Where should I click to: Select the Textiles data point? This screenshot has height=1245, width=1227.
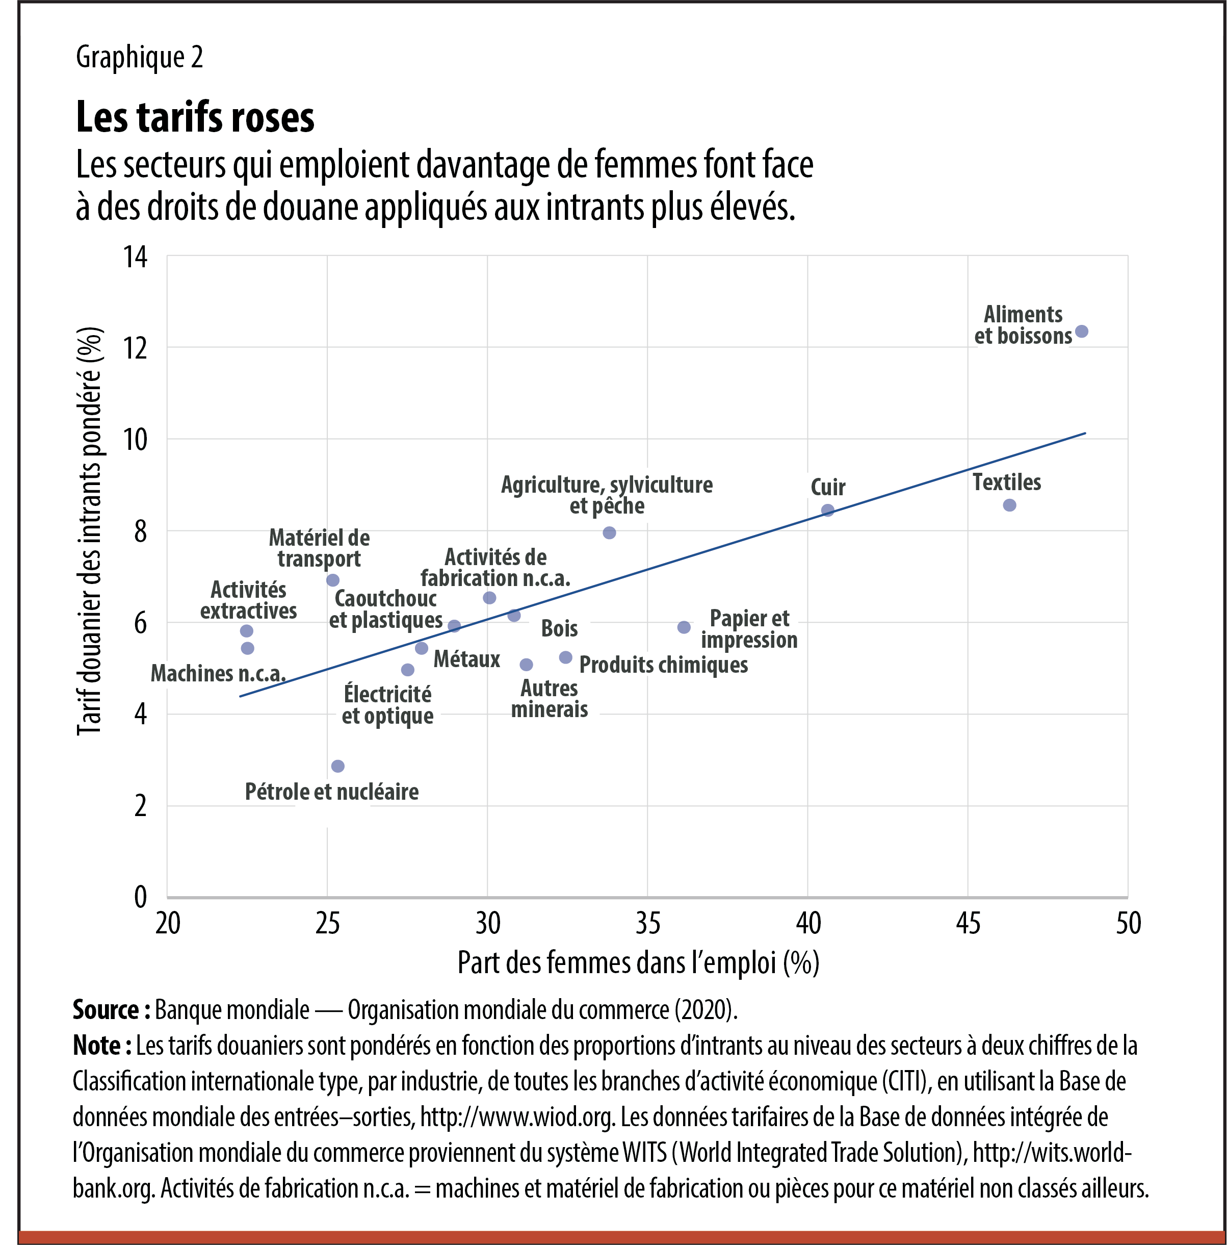[x=1009, y=505]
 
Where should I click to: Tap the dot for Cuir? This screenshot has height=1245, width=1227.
[x=828, y=511]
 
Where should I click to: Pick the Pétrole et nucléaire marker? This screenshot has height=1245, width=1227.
[x=337, y=766]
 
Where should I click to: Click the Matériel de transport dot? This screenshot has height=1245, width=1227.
[x=332, y=580]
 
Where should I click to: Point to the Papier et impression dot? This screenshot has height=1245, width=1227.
[x=684, y=627]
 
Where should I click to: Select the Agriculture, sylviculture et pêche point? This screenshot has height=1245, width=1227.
[x=609, y=533]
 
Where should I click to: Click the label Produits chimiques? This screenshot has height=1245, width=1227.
[x=663, y=665]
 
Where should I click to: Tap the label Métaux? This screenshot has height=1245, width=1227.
[x=466, y=659]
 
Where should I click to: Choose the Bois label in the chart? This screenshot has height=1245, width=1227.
[x=559, y=628]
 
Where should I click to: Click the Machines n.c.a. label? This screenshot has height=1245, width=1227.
[x=218, y=673]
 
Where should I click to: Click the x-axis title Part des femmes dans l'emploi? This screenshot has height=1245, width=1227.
[x=638, y=963]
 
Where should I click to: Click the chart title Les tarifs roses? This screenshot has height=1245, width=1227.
[x=195, y=118]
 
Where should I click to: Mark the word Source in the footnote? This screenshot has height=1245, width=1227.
[x=106, y=1010]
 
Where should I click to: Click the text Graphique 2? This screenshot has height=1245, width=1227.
[x=139, y=57]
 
